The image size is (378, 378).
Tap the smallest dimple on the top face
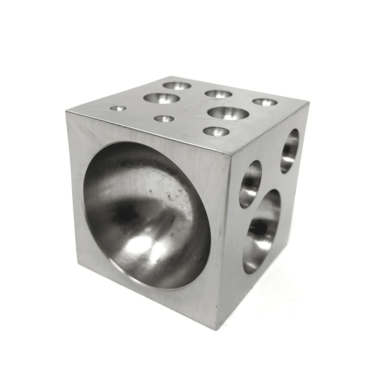point(118,109)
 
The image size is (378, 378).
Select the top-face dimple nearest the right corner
point(265,102)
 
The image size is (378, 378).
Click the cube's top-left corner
point(67,111)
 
